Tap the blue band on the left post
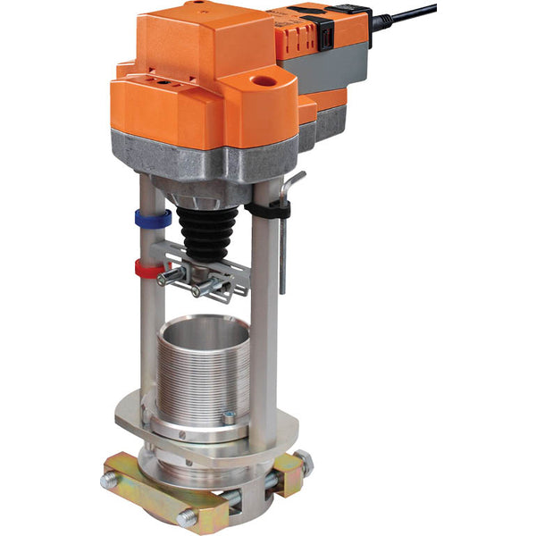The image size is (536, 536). click(153, 218)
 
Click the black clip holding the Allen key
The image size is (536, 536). click(269, 209)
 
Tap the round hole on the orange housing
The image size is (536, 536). click(265, 80)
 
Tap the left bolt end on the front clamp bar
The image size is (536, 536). click(110, 480)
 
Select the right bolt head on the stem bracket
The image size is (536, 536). click(198, 289)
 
